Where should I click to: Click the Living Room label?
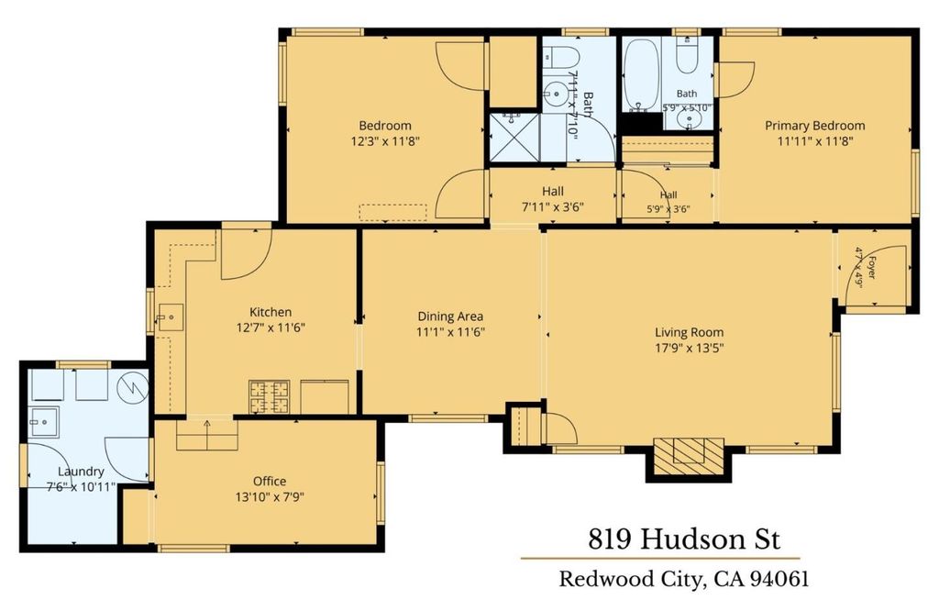click(x=689, y=332)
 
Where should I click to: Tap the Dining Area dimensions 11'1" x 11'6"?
click(x=450, y=332)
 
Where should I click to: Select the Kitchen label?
click(x=271, y=312)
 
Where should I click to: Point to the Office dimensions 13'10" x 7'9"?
click(x=270, y=496)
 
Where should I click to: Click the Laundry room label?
click(x=81, y=472)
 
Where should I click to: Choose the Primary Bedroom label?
click(x=815, y=126)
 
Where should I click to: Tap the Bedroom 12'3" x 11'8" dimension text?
click(x=384, y=141)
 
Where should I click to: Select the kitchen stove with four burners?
click(x=269, y=396)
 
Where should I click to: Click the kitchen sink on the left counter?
click(x=170, y=317)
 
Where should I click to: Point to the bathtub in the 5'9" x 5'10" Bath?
click(x=641, y=75)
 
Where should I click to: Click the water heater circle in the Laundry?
click(x=132, y=387)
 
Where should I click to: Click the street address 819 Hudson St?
click(x=684, y=539)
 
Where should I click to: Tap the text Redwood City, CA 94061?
click(x=684, y=579)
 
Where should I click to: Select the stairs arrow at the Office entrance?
click(x=207, y=434)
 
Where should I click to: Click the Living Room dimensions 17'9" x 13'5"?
click(x=690, y=348)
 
